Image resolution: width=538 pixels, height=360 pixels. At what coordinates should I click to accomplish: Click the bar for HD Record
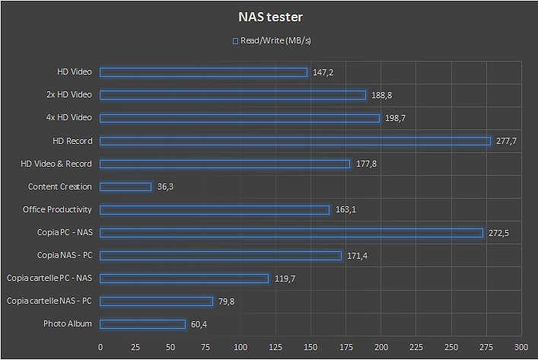pos(295,141)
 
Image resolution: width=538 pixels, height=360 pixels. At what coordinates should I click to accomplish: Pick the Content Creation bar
pos(126,186)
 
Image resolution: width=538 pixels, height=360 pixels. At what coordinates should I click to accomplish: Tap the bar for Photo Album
pos(142,324)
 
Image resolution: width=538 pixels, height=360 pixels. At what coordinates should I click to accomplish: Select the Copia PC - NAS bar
pos(291,233)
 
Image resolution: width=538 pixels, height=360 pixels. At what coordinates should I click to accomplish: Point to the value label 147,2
pos(323,72)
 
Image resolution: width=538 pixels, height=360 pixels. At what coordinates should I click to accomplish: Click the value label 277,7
pos(507,141)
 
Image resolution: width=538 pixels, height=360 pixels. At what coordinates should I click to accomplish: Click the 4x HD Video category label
pos(68,118)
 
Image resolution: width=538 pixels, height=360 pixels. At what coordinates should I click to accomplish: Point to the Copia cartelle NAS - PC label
pos(49,301)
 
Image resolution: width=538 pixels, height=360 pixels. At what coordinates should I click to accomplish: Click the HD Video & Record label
pos(56,164)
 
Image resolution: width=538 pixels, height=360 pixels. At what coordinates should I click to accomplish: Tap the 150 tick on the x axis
pos(311,346)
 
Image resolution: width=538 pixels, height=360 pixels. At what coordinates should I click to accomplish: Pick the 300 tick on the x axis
pos(521,346)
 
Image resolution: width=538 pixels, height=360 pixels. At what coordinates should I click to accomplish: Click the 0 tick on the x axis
pos(100,346)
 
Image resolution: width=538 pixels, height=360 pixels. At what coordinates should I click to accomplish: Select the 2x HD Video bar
pos(233,95)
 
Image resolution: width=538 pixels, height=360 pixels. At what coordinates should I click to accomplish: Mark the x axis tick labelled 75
pos(205,346)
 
